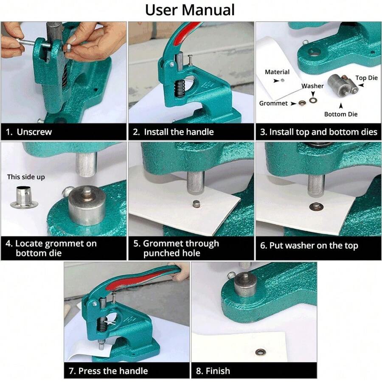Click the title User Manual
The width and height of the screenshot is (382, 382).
(x=190, y=10)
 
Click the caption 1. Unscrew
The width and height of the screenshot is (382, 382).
(x=29, y=132)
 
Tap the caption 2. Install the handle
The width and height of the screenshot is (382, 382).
(x=173, y=132)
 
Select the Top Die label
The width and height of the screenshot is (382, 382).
(x=366, y=78)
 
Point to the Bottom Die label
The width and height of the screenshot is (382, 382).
(x=341, y=114)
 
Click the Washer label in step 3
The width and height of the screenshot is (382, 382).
(x=312, y=86)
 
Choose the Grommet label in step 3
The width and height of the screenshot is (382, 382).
(x=273, y=103)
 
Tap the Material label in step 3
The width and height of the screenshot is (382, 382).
(x=277, y=72)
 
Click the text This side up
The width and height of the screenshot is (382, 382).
(x=26, y=177)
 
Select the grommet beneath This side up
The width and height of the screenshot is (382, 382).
(x=24, y=198)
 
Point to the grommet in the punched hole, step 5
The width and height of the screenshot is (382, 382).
(x=197, y=204)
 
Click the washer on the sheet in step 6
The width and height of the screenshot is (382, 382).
(x=315, y=207)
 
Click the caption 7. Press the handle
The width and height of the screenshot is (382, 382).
(x=108, y=371)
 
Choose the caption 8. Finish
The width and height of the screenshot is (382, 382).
(x=213, y=371)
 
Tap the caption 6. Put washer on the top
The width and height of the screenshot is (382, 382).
(x=309, y=245)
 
